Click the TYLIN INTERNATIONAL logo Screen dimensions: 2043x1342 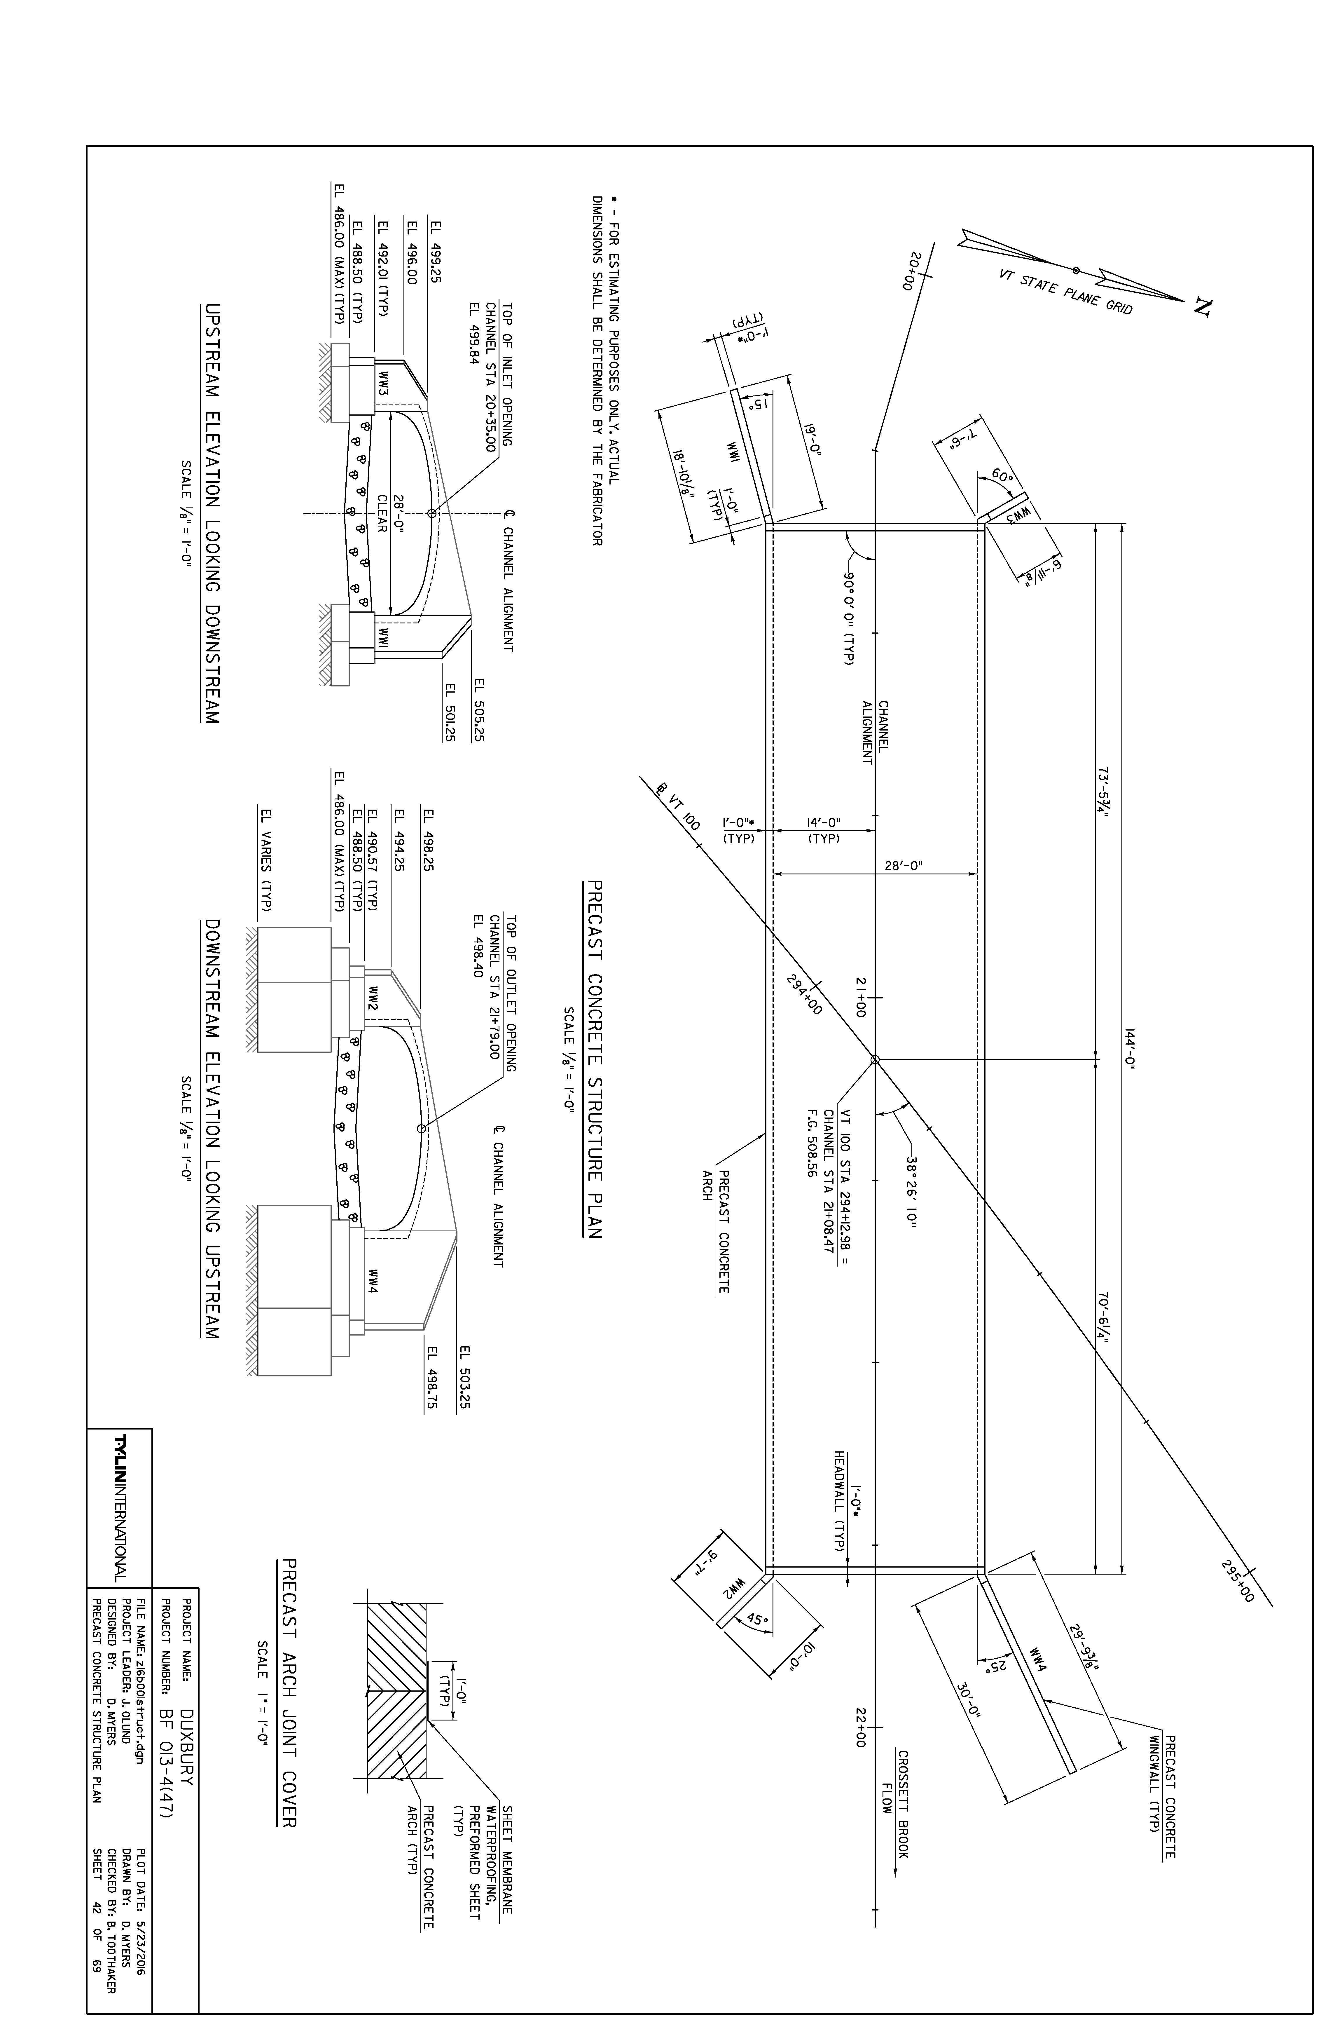(120, 1507)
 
